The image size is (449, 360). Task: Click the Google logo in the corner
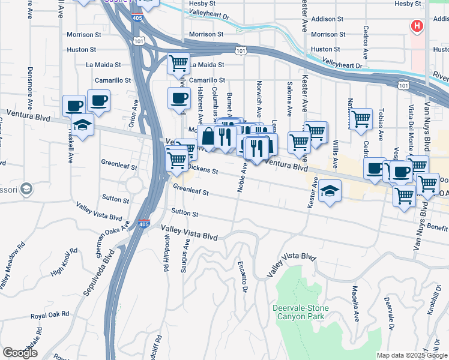point(20,353)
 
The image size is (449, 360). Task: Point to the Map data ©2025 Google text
point(411,355)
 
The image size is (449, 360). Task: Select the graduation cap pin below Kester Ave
point(330,191)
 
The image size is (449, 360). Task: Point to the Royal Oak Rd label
point(51,314)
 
